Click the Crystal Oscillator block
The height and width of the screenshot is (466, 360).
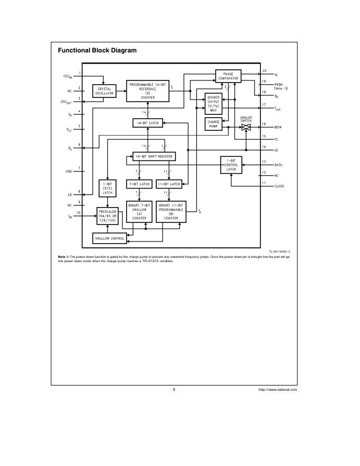(x=104, y=91)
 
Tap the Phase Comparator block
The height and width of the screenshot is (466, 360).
(x=228, y=76)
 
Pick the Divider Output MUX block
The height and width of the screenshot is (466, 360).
(x=213, y=103)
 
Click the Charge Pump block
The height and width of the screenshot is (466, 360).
(x=213, y=124)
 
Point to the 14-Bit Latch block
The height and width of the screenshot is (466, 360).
(x=148, y=123)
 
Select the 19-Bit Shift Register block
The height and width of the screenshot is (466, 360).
(x=154, y=157)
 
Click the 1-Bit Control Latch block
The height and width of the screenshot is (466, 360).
(x=231, y=165)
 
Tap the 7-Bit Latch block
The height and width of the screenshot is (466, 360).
(x=139, y=184)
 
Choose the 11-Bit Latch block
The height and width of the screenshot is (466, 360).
(x=169, y=184)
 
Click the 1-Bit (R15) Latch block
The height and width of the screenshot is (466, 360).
(x=108, y=188)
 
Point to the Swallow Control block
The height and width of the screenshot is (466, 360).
(x=110, y=238)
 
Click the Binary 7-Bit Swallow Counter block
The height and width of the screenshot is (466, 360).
(x=140, y=211)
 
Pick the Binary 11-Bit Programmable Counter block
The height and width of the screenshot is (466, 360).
(x=171, y=211)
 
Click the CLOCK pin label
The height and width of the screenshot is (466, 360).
(x=278, y=186)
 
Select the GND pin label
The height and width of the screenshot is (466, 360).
(x=69, y=172)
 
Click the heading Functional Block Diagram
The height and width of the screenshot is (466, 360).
(x=97, y=51)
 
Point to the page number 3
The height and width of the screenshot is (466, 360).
(x=174, y=390)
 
